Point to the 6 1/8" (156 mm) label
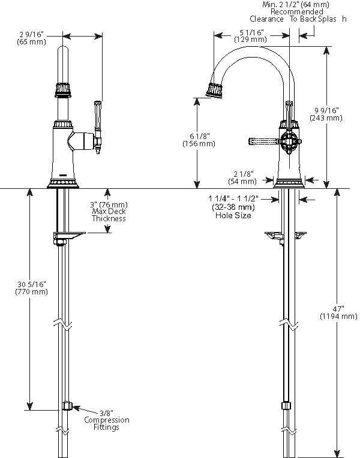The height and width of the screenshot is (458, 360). tap(199, 140)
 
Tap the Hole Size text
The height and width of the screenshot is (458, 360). tap(233, 215)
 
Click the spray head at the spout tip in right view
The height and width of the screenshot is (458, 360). tap(216, 91)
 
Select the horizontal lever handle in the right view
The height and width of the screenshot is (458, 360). tap(262, 142)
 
